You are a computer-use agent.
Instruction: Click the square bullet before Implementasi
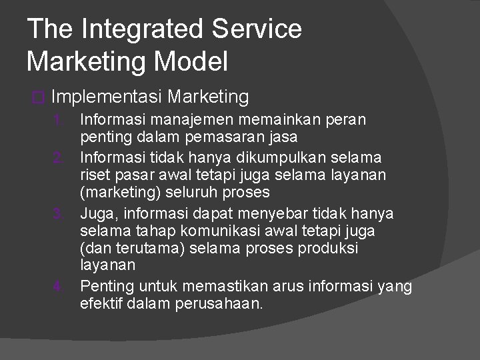37,98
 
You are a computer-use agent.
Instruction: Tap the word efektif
101,305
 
